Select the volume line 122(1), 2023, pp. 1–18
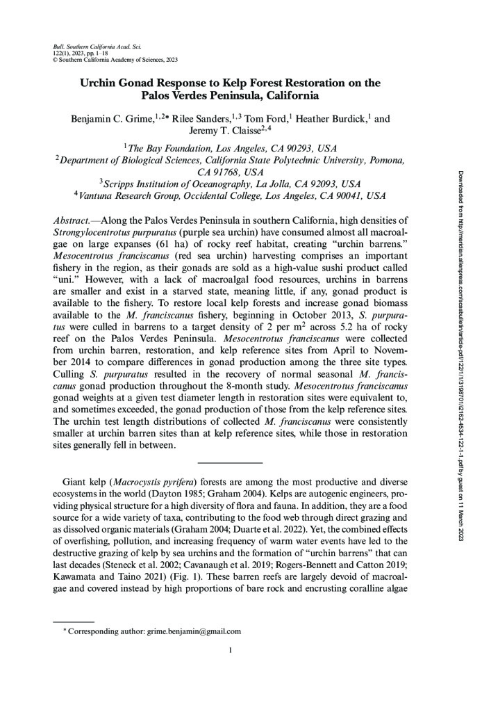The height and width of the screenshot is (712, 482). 77,51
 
